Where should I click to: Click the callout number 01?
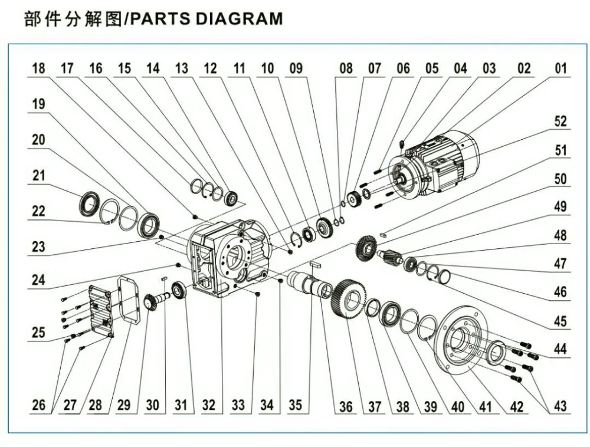(x=560, y=68)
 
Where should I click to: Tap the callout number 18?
(x=39, y=68)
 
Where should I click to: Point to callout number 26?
(x=39, y=405)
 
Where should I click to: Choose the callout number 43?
(x=560, y=405)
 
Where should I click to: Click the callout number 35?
(x=296, y=405)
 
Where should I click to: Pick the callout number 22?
(x=39, y=211)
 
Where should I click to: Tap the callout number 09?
(x=296, y=68)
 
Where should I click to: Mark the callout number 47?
(x=560, y=264)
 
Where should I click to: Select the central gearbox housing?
(x=230, y=259)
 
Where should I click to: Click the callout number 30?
(x=152, y=405)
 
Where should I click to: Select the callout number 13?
(x=182, y=68)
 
